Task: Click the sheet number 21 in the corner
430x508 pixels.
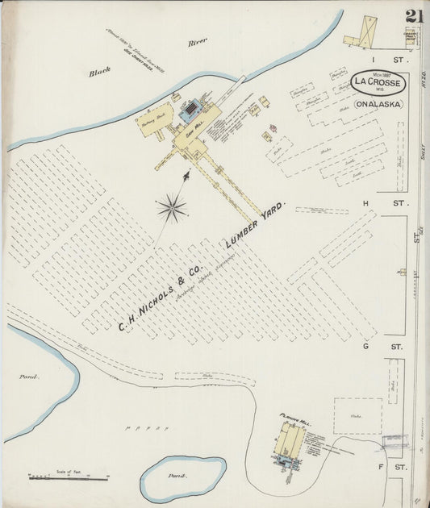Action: point(415,17)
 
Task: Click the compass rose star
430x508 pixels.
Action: point(171,208)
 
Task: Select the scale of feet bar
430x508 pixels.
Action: point(69,478)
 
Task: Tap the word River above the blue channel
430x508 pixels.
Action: point(198,41)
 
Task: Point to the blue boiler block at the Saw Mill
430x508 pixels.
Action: point(191,110)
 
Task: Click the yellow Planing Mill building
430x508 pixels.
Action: point(288,440)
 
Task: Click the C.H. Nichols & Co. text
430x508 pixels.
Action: point(161,295)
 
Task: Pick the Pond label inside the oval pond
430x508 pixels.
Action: point(177,476)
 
